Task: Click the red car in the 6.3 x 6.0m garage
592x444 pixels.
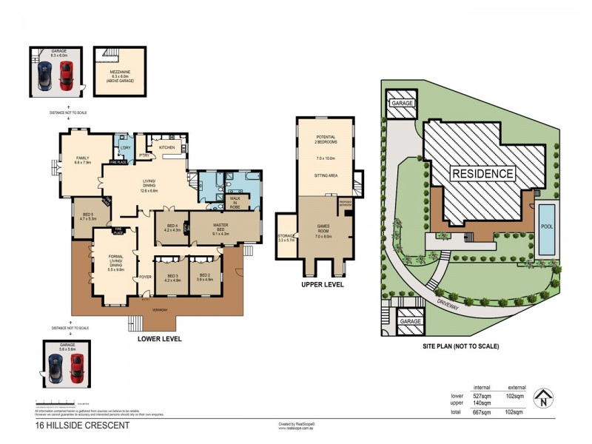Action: point(66,75)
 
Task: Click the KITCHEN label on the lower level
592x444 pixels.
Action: point(166,147)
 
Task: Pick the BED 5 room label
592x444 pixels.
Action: point(87,215)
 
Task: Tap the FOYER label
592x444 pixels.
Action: point(145,277)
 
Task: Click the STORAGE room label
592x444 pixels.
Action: point(286,237)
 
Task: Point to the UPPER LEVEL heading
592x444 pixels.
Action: point(322,284)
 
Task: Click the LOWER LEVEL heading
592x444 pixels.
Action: point(159,338)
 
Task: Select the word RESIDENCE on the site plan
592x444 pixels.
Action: point(482,174)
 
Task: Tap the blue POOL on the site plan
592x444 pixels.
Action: point(546,228)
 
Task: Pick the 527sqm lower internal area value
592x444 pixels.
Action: point(482,397)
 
